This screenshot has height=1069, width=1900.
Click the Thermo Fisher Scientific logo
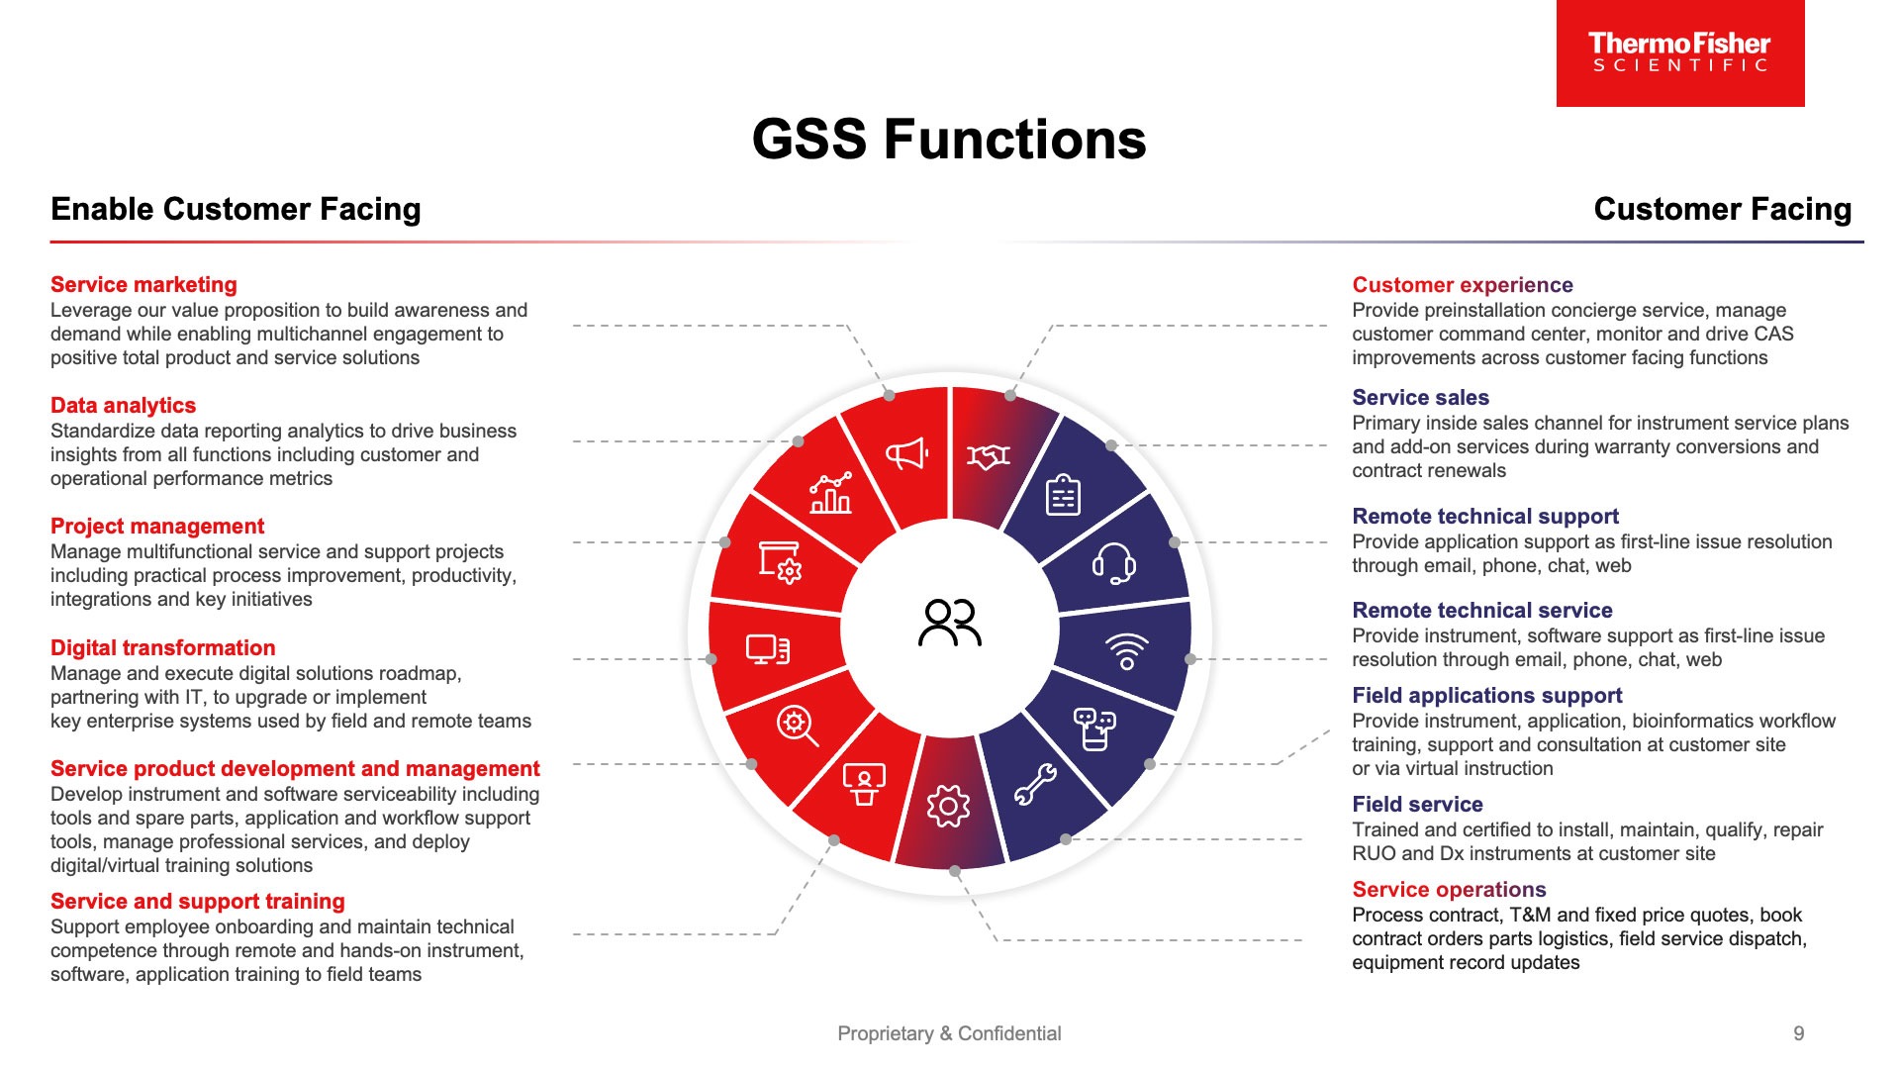pos(1679,52)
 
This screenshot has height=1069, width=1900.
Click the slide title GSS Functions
pos(949,140)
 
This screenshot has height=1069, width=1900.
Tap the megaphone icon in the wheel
pos(906,454)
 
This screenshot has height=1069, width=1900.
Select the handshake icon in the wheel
pos(989,456)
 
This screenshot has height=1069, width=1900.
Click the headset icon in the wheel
pos(1113,563)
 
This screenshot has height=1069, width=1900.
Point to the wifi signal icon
pos(1126,651)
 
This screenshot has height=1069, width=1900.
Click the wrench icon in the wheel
pos(1035,785)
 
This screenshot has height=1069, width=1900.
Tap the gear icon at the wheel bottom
pos(948,807)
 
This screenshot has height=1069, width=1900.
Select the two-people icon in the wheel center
pos(950,623)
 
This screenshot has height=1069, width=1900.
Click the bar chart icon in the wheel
pos(831,493)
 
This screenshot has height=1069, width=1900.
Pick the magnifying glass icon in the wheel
pos(797,726)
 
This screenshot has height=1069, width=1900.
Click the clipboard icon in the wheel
pos(1064,495)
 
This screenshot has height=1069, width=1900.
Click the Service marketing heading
pos(143,285)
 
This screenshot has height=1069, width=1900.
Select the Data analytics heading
pos(123,406)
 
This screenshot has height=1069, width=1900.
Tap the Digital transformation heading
pos(162,648)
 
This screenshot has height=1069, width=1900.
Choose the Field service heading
pos(1417,805)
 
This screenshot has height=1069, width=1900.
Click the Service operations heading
pos(1449,890)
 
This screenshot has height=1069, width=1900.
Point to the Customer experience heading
pos(1462,285)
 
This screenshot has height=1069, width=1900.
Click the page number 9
pos(1798,1033)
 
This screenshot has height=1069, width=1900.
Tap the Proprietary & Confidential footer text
pos(949,1033)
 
